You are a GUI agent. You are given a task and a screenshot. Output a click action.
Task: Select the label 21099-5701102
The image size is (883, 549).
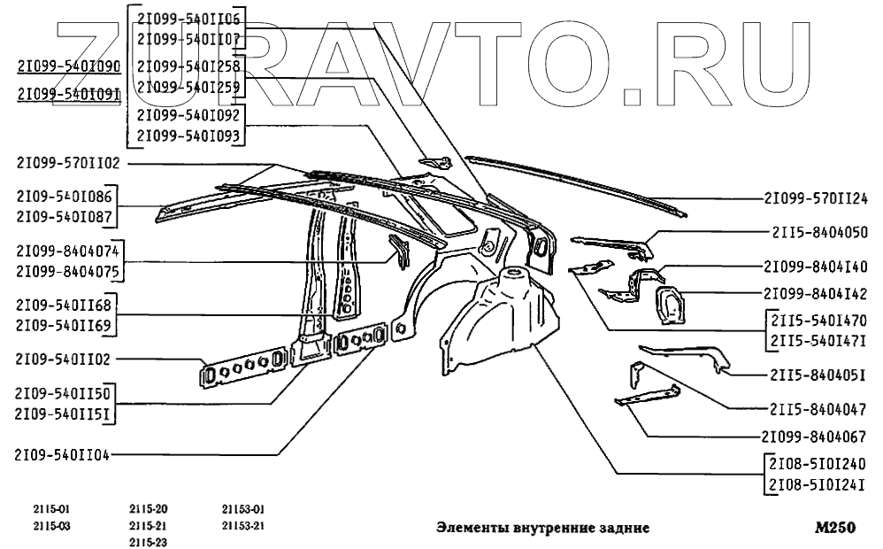coord(67,163)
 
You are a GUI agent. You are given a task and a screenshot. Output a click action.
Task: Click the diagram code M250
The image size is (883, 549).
coord(836,529)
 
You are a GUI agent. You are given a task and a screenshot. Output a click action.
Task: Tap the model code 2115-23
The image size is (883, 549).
coord(148,542)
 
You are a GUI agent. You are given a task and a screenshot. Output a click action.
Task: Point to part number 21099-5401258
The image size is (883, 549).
coord(188,66)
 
